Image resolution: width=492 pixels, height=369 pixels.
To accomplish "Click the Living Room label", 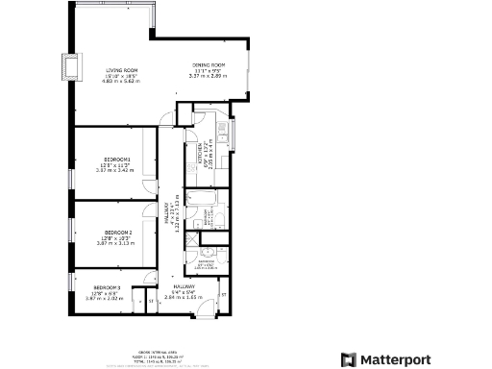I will [x=123, y=70].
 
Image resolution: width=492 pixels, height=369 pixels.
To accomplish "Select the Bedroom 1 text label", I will [x=117, y=159].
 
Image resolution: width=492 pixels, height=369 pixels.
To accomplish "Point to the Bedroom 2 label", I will [x=118, y=233].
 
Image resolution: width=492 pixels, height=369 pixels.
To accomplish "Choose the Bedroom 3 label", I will [x=107, y=287].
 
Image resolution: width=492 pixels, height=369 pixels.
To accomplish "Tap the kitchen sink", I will [x=222, y=129].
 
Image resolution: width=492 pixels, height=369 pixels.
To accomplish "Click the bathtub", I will [x=203, y=203].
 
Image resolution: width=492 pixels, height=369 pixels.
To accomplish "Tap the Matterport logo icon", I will [x=349, y=359].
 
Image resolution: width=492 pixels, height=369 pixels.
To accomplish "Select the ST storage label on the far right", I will [x=223, y=292].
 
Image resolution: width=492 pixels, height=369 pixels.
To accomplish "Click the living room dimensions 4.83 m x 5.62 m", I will [x=123, y=81].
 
